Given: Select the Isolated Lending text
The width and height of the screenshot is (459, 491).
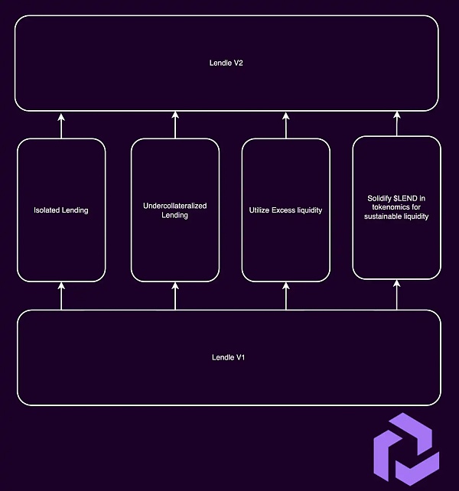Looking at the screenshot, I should pos(61,210).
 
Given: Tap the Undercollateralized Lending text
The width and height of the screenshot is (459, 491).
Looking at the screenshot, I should pos(175,210).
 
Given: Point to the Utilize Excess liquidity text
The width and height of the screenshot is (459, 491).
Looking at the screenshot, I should pos(285,210).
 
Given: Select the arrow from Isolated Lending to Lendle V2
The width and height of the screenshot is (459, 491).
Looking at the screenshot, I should pos(62,125).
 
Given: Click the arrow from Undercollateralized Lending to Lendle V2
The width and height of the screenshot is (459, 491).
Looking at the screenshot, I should pos(175,125).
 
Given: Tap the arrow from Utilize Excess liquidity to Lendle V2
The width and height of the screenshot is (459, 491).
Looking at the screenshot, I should pos(286,125).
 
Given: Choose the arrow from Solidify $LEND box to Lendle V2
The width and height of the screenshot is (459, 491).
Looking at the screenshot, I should pos(397,124).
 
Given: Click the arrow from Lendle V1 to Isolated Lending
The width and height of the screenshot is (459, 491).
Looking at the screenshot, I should pos(62,295).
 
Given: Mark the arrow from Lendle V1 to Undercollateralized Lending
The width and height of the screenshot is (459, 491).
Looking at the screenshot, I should pos(175,295).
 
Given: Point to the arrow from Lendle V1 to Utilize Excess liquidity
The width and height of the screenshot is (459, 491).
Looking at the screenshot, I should pos(286,295).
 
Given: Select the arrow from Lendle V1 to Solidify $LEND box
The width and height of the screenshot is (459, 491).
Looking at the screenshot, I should pos(397,294).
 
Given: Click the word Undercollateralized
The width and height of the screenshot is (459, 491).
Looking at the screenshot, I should pos(175,206).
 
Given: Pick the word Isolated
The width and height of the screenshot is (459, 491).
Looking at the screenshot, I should pos(47,210).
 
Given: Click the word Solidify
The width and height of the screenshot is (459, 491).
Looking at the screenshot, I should pos(381,199).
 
